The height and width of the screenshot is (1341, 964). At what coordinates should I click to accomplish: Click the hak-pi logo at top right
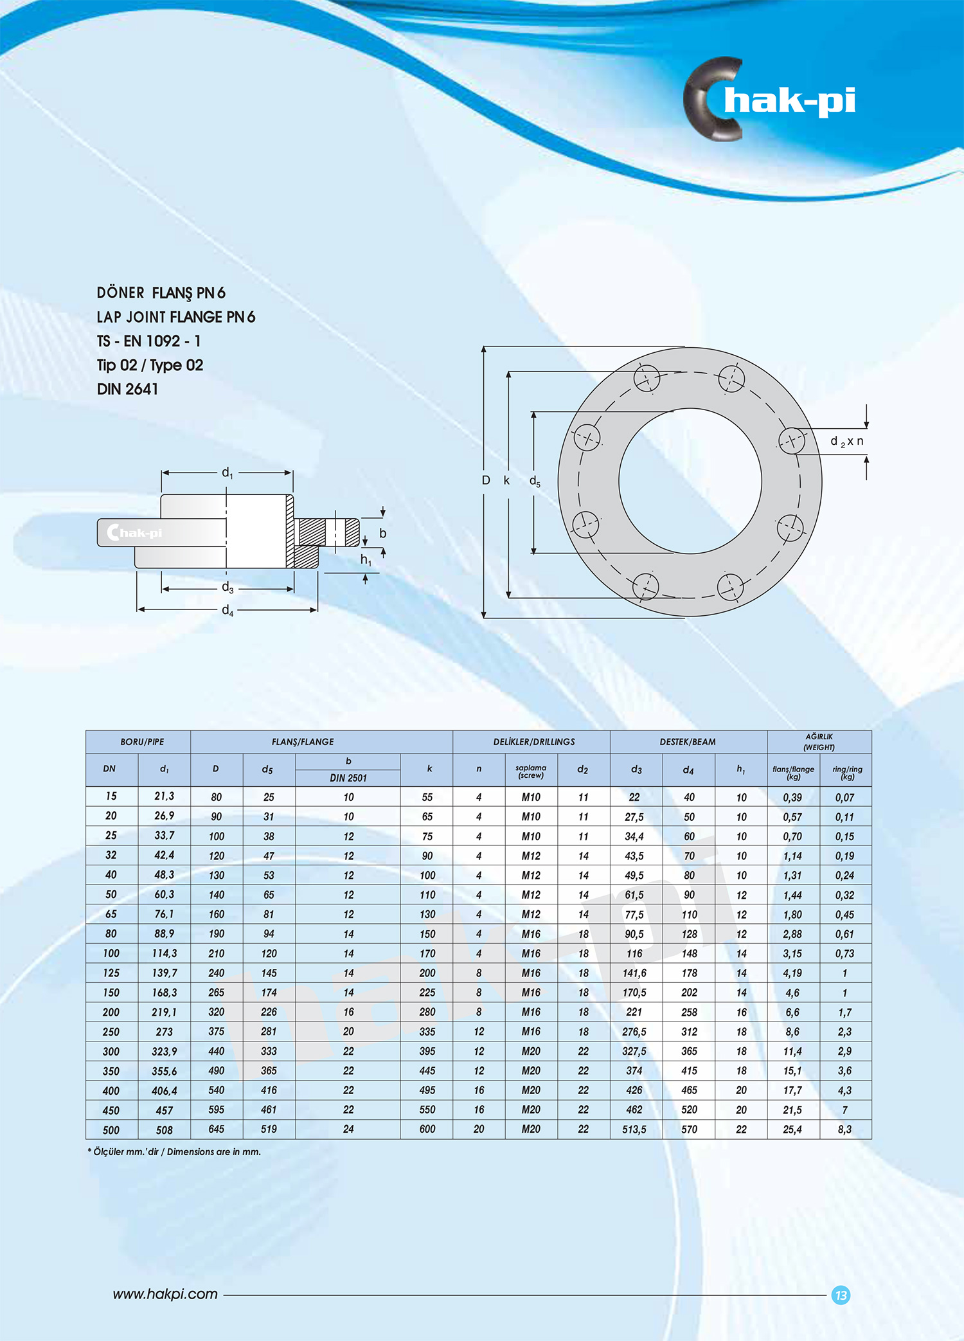tap(769, 100)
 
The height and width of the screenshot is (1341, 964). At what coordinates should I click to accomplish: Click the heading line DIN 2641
tap(127, 389)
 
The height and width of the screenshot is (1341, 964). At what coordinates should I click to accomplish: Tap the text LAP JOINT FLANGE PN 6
tap(175, 317)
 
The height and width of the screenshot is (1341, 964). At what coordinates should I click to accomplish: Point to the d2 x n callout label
tap(846, 441)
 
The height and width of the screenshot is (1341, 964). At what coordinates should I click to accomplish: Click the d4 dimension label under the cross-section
tap(228, 610)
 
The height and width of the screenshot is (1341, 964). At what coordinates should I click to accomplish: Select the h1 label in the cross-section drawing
tap(366, 560)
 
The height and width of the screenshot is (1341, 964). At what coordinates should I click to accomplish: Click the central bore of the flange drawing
tap(690, 481)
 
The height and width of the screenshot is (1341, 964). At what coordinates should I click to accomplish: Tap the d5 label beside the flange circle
tap(535, 481)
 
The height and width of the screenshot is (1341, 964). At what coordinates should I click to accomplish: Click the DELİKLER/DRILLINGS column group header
tap(533, 742)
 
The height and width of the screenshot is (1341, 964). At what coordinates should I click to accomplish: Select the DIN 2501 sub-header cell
tap(348, 778)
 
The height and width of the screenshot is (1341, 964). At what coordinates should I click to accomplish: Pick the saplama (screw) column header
tap(531, 771)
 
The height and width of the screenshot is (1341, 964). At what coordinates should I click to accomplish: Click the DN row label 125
tap(111, 973)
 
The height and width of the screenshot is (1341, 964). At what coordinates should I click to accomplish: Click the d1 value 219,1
tap(164, 1012)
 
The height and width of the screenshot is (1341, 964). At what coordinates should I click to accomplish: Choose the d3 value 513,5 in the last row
tap(634, 1129)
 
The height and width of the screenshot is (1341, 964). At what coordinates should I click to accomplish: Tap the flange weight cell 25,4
tap(792, 1129)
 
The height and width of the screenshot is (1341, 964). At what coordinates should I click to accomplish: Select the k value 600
tap(427, 1129)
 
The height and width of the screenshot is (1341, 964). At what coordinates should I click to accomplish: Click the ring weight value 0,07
tap(844, 797)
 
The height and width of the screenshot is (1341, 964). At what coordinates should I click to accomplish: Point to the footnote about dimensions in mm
tap(174, 1151)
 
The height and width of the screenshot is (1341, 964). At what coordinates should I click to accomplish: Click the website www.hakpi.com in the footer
tap(165, 1294)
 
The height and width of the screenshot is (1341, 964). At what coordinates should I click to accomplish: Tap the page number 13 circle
tap(841, 1295)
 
